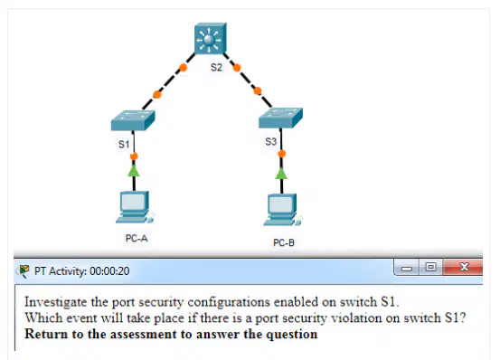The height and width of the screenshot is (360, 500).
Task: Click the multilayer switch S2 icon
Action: tap(211, 38)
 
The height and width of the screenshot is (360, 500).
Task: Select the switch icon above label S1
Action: tap(133, 120)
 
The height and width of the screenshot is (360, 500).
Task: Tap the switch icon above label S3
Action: tap(280, 118)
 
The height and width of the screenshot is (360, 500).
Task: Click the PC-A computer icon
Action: tap(135, 207)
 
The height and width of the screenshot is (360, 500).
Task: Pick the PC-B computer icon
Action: tap(282, 210)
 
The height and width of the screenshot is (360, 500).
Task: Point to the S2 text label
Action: tap(216, 67)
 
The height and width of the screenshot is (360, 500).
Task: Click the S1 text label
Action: tap(124, 144)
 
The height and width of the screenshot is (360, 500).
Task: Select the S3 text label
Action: tap(270, 142)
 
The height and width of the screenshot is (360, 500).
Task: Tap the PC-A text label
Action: tap(137, 238)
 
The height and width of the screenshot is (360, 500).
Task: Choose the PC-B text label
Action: tap(284, 242)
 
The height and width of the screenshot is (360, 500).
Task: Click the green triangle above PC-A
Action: tap(134, 171)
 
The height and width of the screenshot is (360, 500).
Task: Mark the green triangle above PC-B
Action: tap(281, 174)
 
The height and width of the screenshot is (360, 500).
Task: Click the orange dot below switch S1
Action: tap(134, 156)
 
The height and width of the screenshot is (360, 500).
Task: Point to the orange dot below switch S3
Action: tap(281, 154)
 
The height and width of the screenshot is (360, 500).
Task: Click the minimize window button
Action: tap(406, 268)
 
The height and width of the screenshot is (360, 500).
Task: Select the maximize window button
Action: tap(430, 267)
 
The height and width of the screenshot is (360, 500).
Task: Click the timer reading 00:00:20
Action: tap(109, 271)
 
